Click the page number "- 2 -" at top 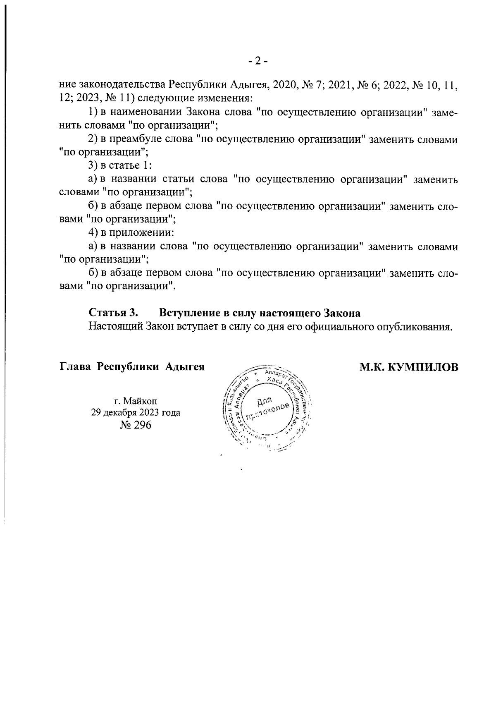258,61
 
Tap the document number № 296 135,425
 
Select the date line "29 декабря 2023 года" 136,412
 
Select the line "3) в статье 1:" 120,166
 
